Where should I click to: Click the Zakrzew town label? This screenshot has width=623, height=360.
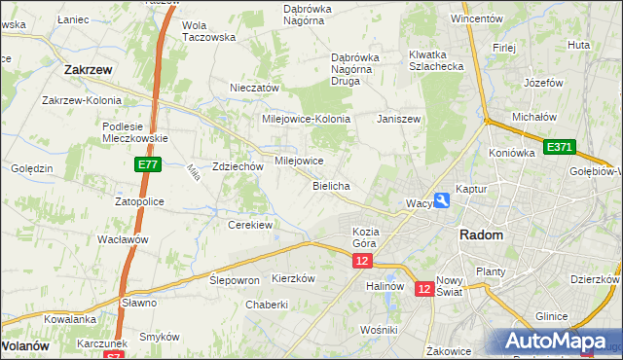click(x=91, y=70)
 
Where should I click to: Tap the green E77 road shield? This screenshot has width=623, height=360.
click(x=147, y=165)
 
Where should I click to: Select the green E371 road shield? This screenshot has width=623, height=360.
click(x=560, y=147)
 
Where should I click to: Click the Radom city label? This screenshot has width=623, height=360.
click(x=481, y=235)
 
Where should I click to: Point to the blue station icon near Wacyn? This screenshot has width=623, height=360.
click(x=442, y=200)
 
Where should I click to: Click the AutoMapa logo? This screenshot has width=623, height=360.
click(x=554, y=341)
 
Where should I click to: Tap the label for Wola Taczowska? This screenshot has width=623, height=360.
click(x=209, y=31)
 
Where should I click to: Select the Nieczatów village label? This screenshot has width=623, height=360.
click(x=254, y=88)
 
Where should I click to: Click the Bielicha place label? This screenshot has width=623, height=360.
click(x=331, y=185)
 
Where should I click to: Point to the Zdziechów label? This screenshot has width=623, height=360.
click(x=238, y=166)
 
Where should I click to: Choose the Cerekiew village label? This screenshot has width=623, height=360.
click(x=249, y=225)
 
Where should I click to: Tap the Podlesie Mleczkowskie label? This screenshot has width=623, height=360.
click(x=134, y=131)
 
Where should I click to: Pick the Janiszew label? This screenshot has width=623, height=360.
click(x=399, y=119)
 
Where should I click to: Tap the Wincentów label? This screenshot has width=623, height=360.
click(x=476, y=18)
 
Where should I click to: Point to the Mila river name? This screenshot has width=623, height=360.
click(x=192, y=173)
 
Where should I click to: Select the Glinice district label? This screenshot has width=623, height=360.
click(x=551, y=316)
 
